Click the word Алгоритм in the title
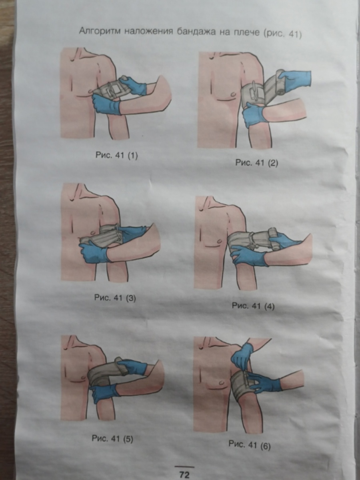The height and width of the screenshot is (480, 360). tap(100, 31)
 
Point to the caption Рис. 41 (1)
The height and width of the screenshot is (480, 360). tap(117, 156)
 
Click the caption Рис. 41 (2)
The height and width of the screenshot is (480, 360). tap(257, 163)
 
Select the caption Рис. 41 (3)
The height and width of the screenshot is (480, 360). tap(115, 298)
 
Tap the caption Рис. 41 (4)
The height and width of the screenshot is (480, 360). tap(253, 306)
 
